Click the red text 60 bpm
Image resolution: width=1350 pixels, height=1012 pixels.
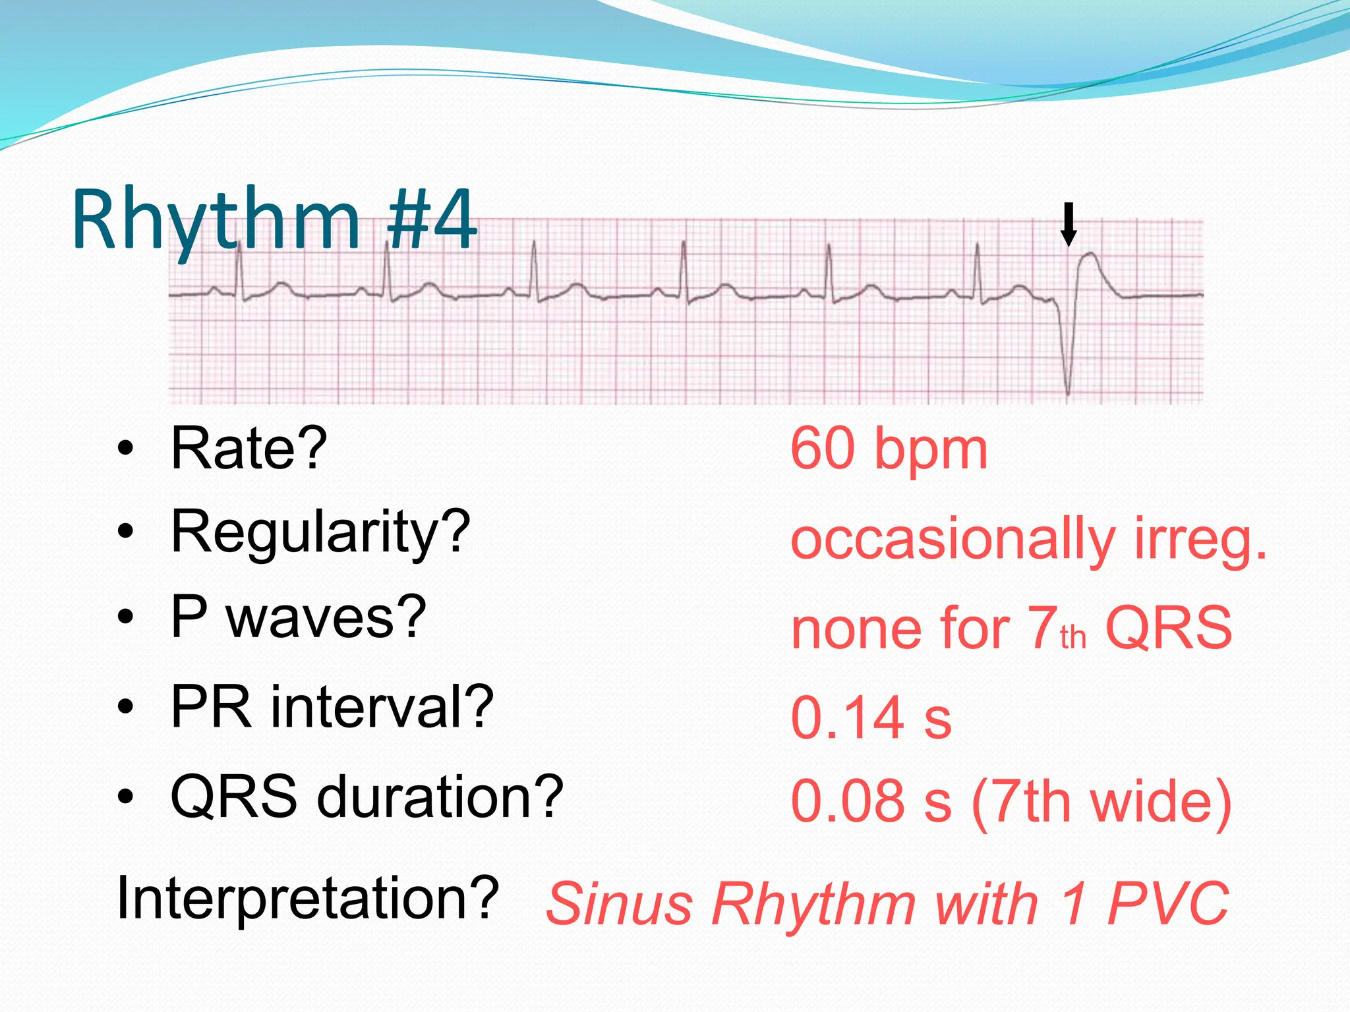889,449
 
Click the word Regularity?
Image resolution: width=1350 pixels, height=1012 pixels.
320,532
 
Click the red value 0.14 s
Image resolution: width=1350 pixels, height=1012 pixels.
871,718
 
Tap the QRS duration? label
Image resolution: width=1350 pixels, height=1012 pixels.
367,797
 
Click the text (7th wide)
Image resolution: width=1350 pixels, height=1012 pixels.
1101,802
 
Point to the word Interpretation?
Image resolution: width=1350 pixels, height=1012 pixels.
307,899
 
